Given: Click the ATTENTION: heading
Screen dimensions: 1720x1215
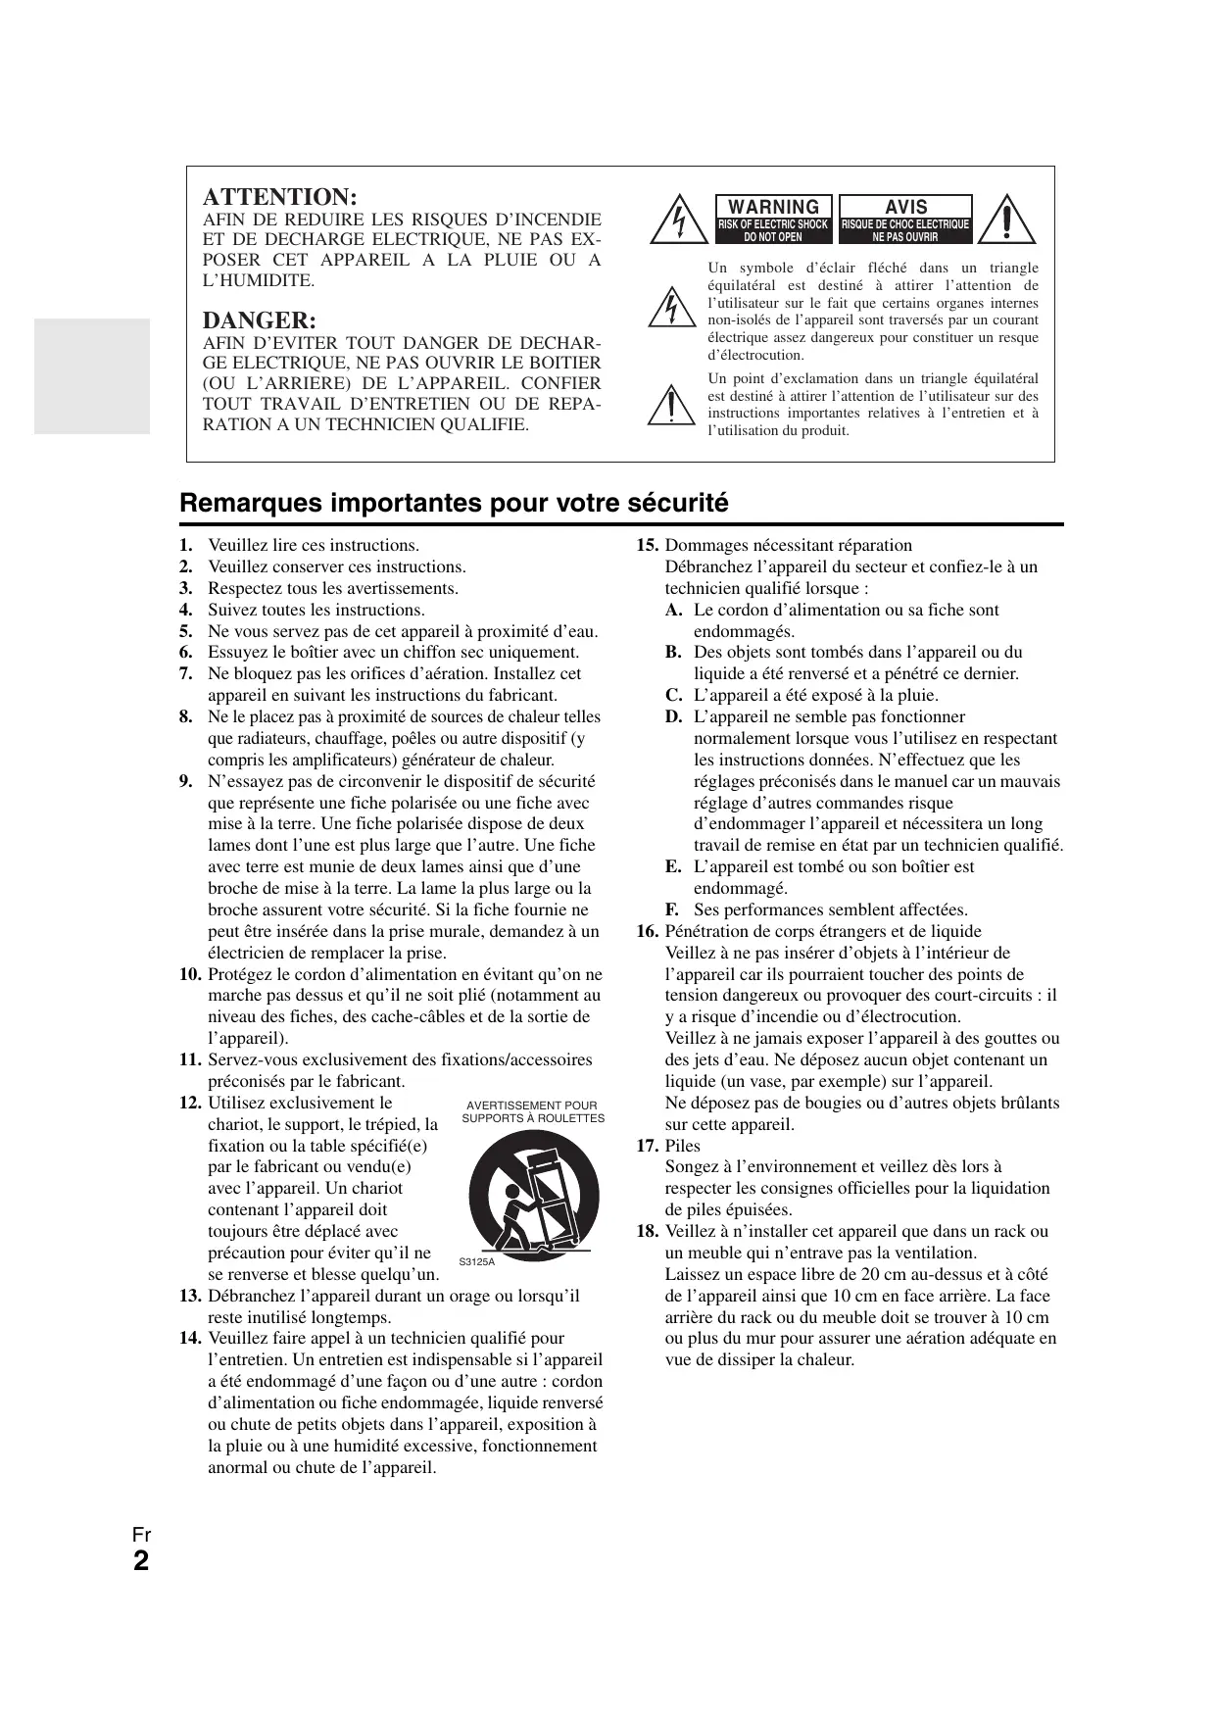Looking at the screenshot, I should tap(279, 196).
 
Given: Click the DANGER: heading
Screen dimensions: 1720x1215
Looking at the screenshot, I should tap(260, 320).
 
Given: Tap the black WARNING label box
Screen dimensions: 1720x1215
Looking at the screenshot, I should tap(774, 219).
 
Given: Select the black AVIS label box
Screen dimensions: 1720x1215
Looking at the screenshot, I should tap(905, 219).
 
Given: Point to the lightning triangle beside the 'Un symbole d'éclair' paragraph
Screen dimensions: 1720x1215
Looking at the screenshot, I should tap(671, 307).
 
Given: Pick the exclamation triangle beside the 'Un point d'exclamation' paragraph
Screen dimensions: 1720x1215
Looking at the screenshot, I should tap(671, 404).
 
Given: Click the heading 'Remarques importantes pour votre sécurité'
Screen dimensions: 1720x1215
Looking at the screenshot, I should tap(455, 503).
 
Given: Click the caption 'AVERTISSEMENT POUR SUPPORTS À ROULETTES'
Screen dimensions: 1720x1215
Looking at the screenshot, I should tap(533, 1111).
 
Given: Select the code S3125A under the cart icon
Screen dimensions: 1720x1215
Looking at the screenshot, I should tap(477, 1261).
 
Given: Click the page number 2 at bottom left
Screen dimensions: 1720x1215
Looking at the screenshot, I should tap(141, 1560).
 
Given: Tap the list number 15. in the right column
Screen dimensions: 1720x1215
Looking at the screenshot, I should tap(647, 546).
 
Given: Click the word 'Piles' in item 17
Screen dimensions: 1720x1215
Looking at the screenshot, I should tap(683, 1146).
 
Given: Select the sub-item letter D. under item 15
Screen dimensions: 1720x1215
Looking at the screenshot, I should tap(673, 716).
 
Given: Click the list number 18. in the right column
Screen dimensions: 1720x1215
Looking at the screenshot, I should tap(647, 1231).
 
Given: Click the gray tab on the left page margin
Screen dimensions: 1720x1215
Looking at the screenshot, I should tap(92, 375).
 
